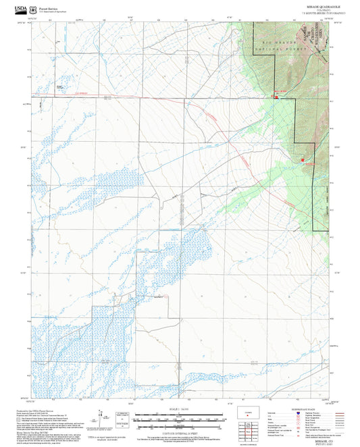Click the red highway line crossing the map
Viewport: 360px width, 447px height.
coord(169,99)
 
